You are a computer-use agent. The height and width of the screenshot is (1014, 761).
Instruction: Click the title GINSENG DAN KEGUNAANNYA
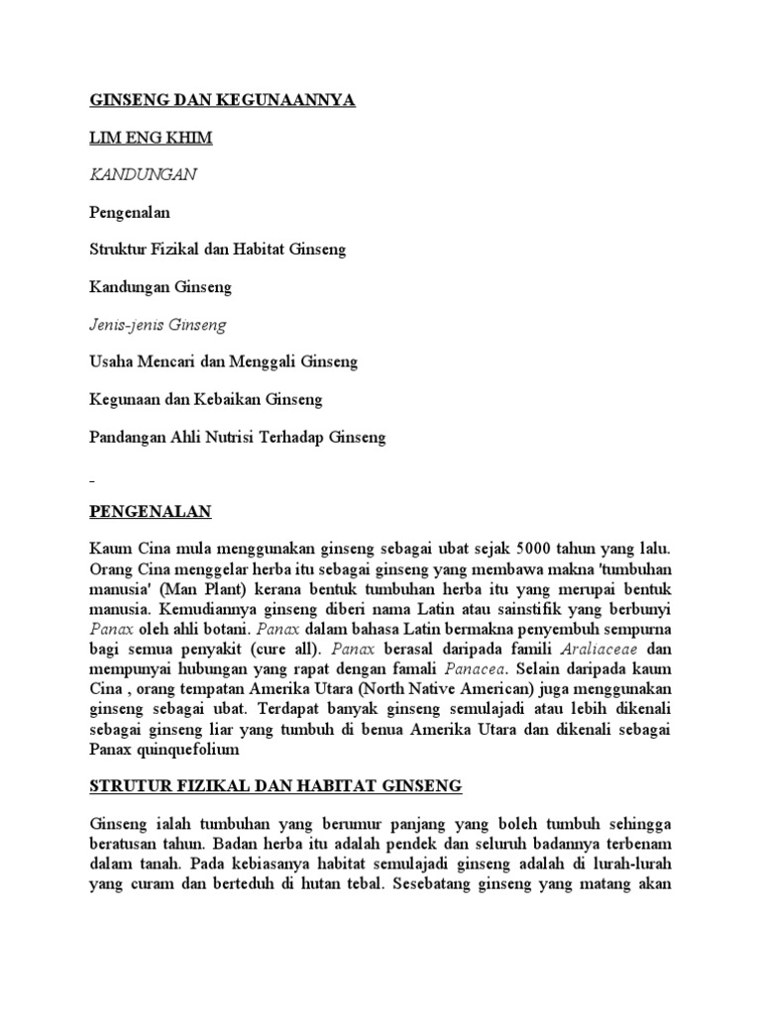(222, 100)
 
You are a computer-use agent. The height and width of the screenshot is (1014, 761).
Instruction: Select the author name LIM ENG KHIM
(151, 138)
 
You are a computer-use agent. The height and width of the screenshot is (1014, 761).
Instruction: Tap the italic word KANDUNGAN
(144, 174)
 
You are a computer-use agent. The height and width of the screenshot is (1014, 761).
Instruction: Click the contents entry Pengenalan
(130, 212)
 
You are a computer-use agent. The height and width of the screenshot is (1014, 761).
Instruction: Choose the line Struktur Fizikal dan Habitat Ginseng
(218, 250)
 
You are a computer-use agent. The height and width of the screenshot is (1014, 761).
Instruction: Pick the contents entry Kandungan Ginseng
(160, 287)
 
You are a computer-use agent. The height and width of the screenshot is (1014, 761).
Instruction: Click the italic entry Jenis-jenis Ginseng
(159, 325)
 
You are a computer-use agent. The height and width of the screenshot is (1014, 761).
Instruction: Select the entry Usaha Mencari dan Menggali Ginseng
(224, 362)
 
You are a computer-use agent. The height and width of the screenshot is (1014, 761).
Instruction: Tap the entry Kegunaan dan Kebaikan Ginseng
(206, 400)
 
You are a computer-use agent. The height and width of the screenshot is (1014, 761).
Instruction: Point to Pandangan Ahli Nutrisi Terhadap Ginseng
(238, 437)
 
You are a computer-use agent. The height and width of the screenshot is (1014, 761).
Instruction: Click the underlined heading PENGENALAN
(151, 511)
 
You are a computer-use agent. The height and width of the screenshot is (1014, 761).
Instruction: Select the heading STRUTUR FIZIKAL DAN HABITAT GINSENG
(275, 786)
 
